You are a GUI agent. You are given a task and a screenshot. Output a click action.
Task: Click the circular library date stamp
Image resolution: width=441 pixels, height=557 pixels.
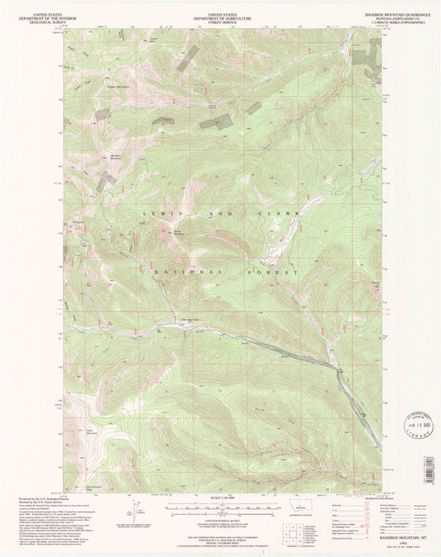click(413, 423)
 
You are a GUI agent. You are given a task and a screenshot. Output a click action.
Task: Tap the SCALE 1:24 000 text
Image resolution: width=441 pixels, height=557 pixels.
click(220, 495)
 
